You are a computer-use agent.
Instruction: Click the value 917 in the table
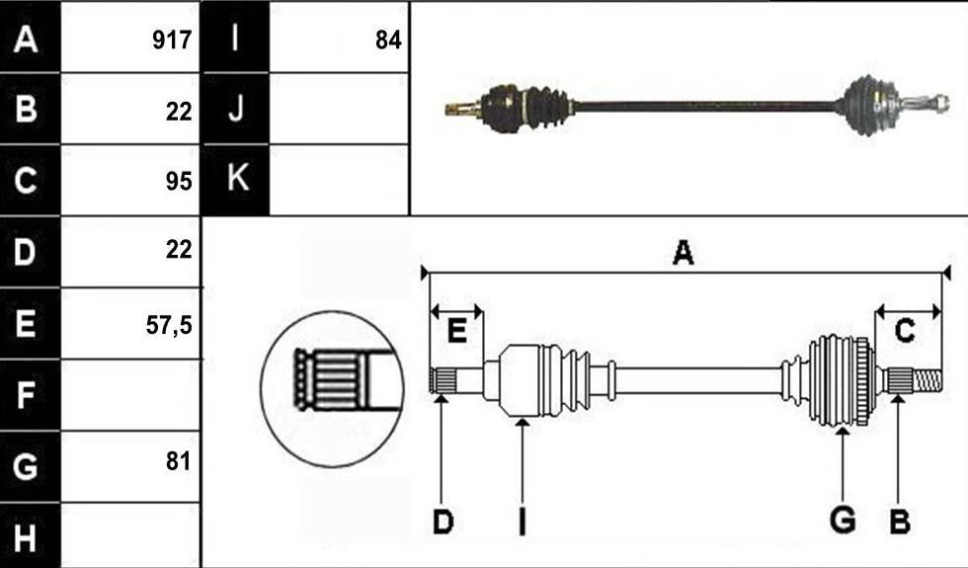172,41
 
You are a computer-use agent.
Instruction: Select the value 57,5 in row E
169,325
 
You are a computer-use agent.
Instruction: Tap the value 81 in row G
179,460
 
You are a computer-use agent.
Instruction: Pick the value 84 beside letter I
388,41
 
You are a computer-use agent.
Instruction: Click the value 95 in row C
179,182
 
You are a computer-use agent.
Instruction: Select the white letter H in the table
25,537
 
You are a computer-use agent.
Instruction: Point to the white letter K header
238,177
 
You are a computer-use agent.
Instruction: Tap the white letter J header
235,108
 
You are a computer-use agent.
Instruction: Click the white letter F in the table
25,395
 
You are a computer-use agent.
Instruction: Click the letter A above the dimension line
683,253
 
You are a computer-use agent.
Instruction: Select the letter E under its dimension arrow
456,332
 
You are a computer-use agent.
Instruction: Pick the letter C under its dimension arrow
905,331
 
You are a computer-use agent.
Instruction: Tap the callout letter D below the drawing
444,523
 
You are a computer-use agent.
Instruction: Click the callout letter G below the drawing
843,520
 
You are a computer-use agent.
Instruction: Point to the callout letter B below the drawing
900,522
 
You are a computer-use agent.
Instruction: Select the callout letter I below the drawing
523,522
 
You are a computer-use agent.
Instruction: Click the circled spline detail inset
332,388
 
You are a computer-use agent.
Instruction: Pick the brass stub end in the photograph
462,110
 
